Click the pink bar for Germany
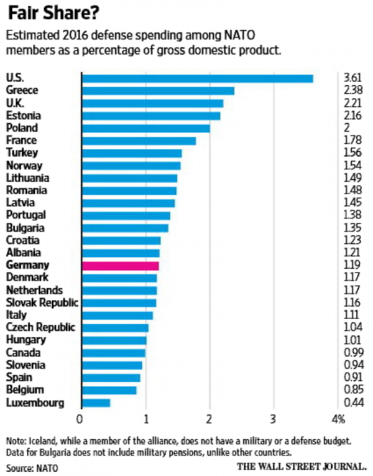pos(121,266)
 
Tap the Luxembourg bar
pos(96,403)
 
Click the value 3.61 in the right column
pos(353,78)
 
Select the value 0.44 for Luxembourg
pos(353,403)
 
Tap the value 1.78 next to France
pos(353,141)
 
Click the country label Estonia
pos(24,115)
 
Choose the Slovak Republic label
pos(42,303)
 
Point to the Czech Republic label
pos(40,328)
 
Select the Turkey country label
pos(22,153)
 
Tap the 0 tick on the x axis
pos(81,418)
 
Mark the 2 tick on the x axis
pos(210,418)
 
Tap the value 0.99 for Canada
pos(353,353)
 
